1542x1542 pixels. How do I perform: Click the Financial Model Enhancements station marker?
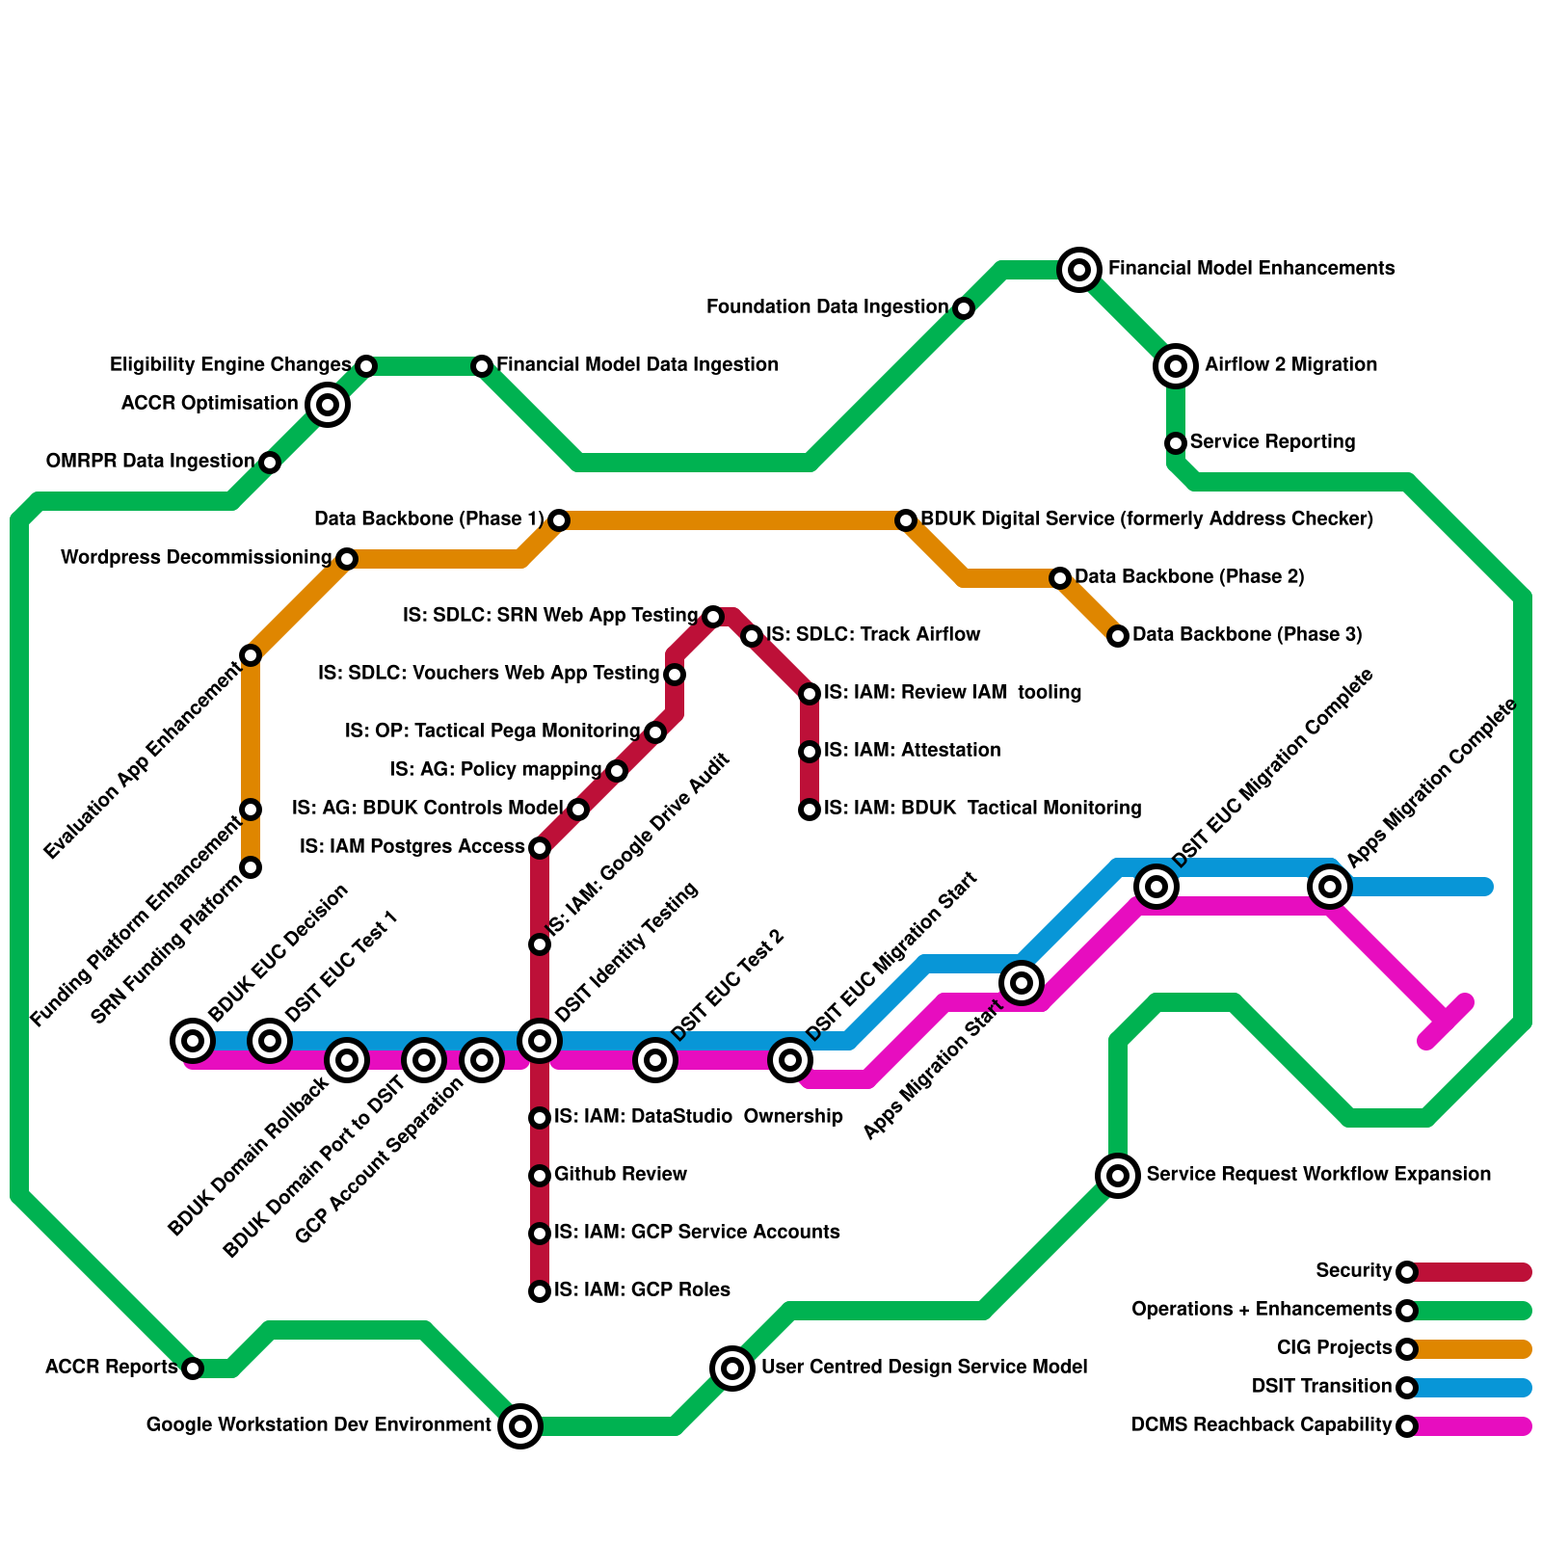1079,270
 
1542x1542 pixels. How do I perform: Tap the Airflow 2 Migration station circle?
1175,366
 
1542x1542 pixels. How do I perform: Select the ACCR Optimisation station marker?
328,405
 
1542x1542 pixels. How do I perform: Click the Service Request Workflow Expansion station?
1118,1176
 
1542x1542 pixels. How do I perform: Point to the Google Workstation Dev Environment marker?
520,1426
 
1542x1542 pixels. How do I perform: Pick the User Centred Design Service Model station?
732,1369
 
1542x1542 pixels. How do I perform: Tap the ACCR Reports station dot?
193,1369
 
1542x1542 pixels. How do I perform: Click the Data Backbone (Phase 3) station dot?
1118,636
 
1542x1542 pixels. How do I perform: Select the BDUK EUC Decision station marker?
193,1041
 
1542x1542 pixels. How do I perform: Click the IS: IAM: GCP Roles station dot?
540,1291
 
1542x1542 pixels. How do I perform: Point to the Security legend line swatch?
1470,1272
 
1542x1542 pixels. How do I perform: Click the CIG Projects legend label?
1334,1348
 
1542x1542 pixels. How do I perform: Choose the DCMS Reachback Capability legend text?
1262,1425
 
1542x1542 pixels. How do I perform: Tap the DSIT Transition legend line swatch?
1470,1388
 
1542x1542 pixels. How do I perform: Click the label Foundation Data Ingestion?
827,307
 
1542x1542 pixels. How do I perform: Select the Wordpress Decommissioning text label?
196,558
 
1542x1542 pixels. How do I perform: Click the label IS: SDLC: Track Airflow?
873,635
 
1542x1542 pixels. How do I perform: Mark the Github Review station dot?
540,1176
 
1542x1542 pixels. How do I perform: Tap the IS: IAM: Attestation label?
912,751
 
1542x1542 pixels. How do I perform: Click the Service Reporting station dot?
1175,443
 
